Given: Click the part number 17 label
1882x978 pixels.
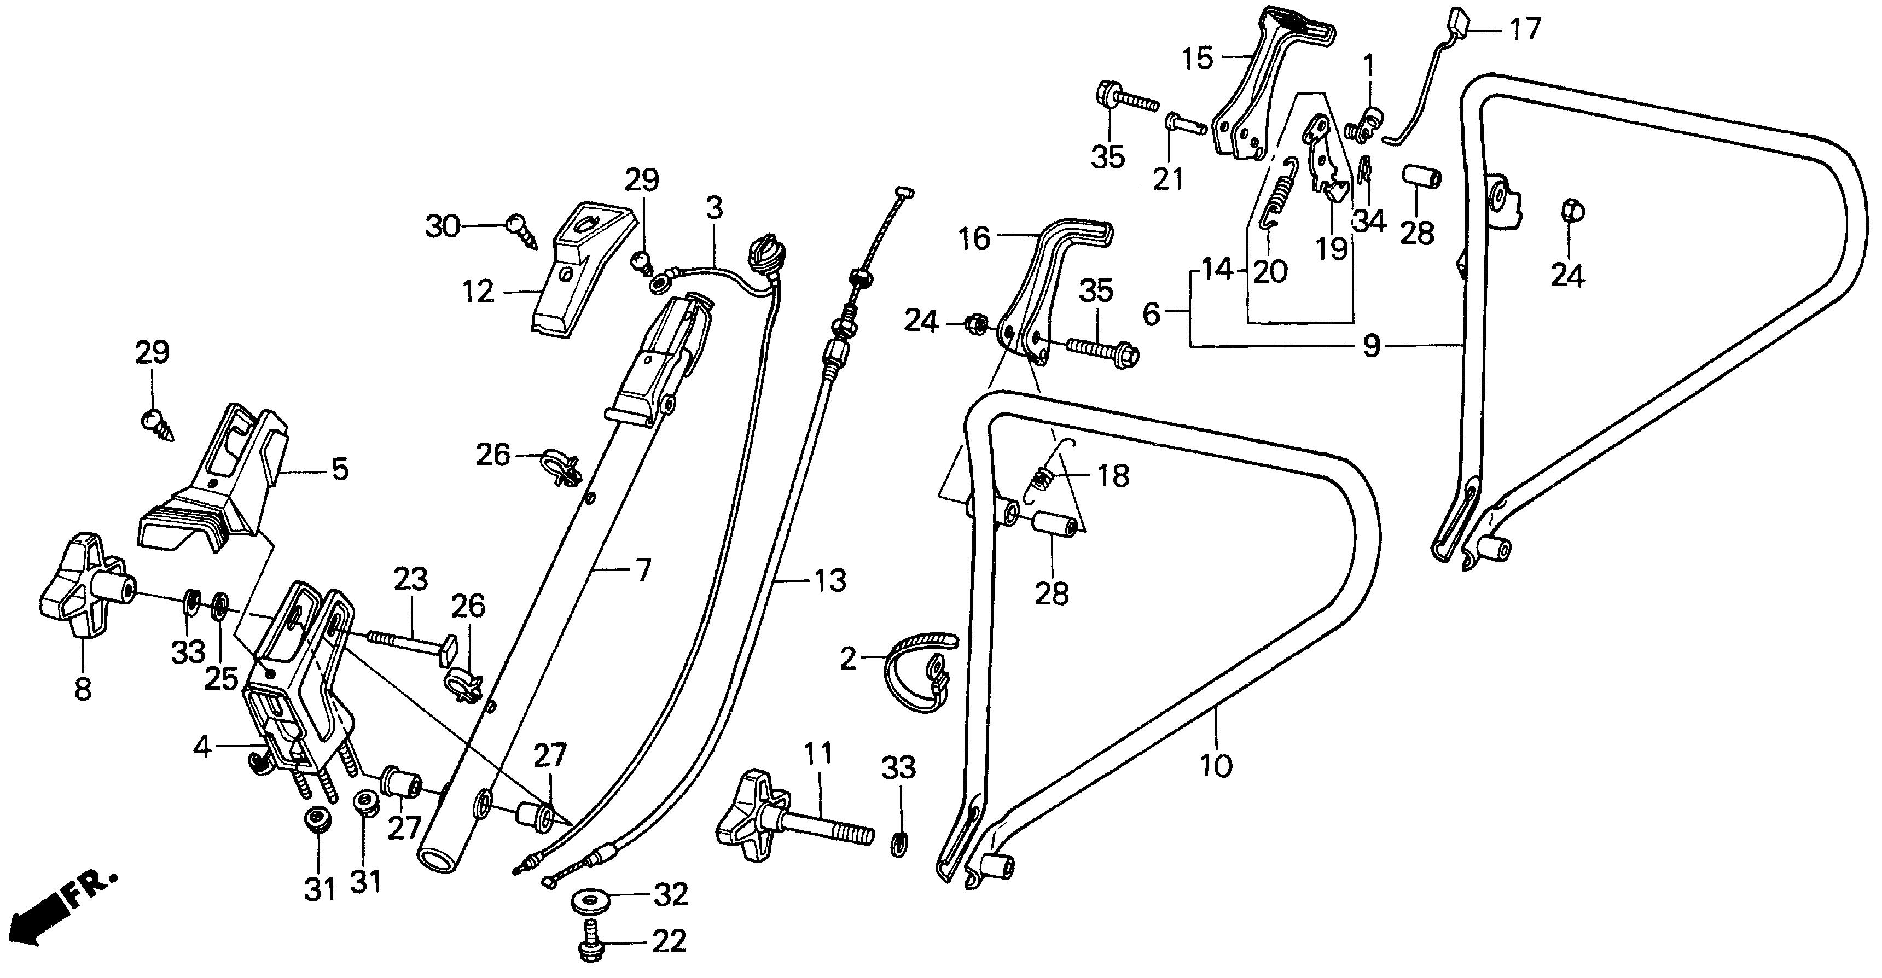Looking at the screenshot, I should point(1525,30).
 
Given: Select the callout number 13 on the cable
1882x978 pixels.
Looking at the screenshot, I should point(830,581).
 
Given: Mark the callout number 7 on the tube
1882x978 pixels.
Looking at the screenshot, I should point(642,570).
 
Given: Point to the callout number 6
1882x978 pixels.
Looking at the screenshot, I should point(1152,315).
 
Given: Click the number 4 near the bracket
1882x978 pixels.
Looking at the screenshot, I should point(202,747).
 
